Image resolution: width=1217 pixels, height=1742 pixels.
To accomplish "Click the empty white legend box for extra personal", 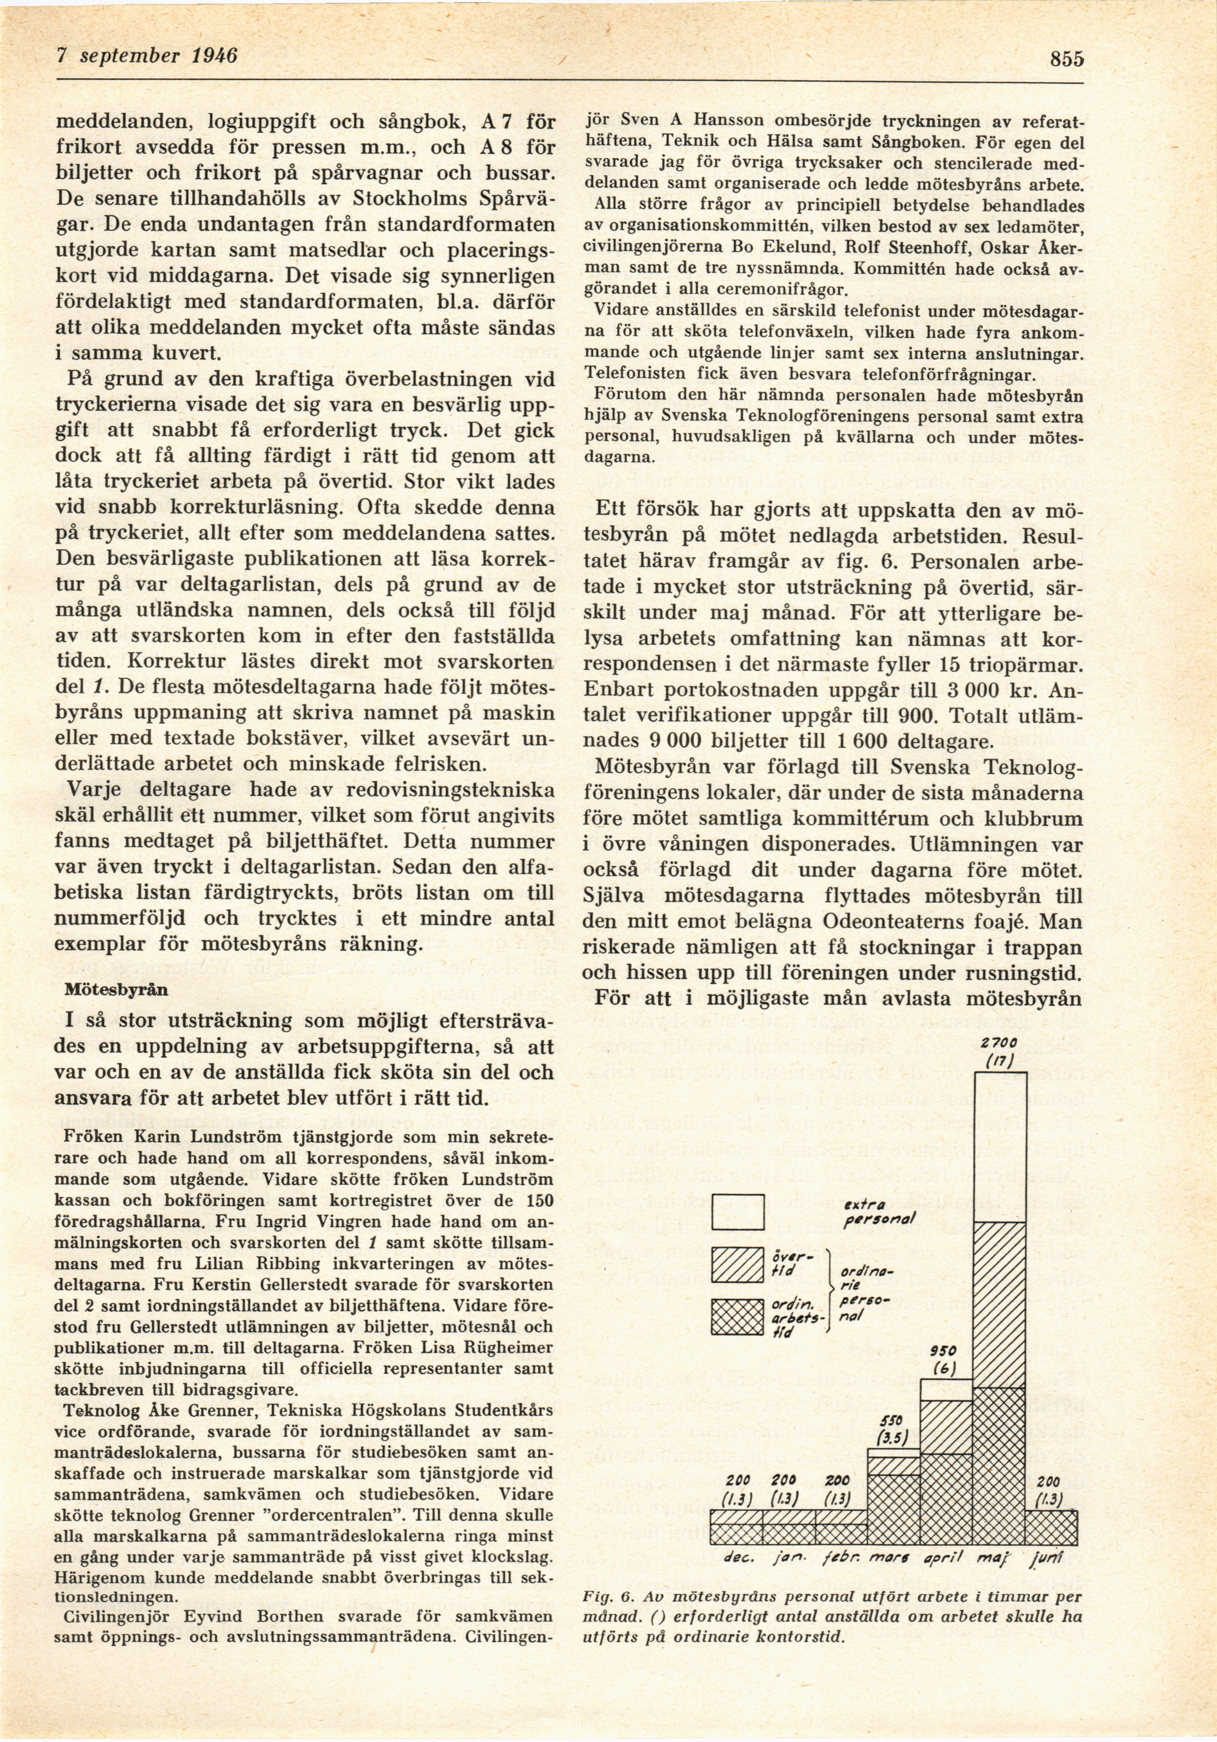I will click(x=737, y=1212).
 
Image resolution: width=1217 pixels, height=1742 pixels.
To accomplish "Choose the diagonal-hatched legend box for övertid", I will click(x=737, y=1265).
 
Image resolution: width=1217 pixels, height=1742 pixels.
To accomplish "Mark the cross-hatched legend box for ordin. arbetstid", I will click(x=737, y=1317).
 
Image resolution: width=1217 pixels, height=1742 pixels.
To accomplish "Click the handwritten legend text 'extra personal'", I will click(x=880, y=1212).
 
